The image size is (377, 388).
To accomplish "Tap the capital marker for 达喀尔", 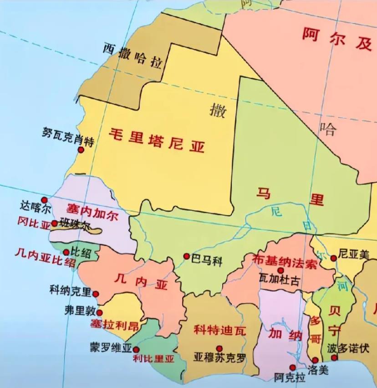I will (x=44, y=200).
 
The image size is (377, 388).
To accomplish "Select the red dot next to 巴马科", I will (x=186, y=256).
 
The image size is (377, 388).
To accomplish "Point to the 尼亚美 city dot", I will (x=333, y=258).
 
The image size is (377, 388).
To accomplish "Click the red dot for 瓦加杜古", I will (x=280, y=271).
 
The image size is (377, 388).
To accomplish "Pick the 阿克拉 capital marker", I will (x=292, y=367).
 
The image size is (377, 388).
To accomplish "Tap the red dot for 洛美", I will (x=315, y=360).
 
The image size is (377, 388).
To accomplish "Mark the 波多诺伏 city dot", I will (x=335, y=358).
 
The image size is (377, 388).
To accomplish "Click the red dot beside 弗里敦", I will (x=100, y=313).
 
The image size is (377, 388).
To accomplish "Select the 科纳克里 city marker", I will (x=96, y=295).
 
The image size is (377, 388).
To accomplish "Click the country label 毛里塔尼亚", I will (x=157, y=140).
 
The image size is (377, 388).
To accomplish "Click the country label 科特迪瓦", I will (x=219, y=330).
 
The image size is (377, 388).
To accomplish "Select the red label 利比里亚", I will (x=154, y=358).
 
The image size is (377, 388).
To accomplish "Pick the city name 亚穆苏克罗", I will (x=219, y=357).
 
